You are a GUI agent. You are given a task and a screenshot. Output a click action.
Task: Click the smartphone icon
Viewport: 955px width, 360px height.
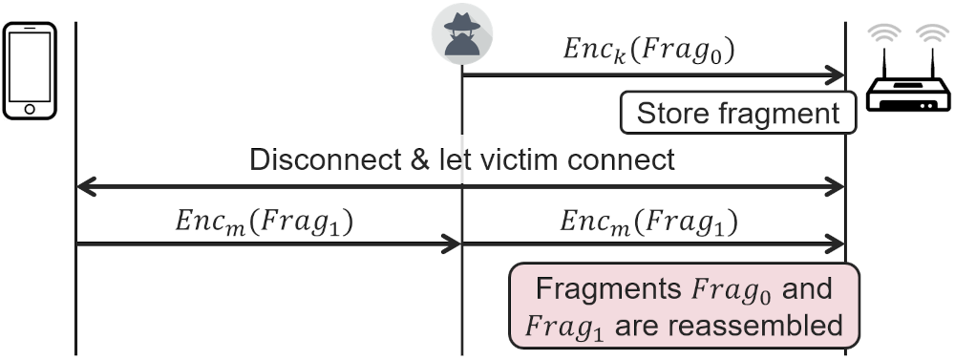(30, 71)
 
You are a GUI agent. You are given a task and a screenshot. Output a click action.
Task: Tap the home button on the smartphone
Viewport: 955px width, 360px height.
(30, 109)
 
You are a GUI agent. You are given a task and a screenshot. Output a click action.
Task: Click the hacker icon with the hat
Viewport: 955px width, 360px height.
(462, 34)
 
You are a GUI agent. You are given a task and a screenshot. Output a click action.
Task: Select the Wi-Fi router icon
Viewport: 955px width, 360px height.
(908, 68)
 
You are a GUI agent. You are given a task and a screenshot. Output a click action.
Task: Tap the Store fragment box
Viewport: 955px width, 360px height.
(738, 113)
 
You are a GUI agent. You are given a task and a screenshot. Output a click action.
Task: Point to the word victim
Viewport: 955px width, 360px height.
(520, 159)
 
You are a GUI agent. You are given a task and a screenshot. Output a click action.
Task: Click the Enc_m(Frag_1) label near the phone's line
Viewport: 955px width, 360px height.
(265, 222)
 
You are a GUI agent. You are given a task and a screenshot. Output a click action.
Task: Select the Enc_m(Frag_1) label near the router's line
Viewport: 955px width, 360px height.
(648, 222)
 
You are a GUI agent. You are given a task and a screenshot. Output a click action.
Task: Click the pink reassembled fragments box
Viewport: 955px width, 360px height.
(684, 306)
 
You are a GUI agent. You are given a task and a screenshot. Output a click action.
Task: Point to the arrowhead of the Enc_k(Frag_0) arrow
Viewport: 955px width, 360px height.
(835, 74)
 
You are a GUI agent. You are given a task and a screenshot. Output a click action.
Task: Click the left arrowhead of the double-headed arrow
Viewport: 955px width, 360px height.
(87, 186)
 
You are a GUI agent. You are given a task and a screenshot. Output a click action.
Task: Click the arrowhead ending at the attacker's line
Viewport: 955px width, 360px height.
(451, 244)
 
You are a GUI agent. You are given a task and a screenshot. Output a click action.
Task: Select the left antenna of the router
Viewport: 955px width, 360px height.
(884, 63)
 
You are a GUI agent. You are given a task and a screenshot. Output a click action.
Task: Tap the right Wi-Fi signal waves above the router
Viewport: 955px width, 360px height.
(932, 33)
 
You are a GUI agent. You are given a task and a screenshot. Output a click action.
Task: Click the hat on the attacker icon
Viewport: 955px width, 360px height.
(461, 22)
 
